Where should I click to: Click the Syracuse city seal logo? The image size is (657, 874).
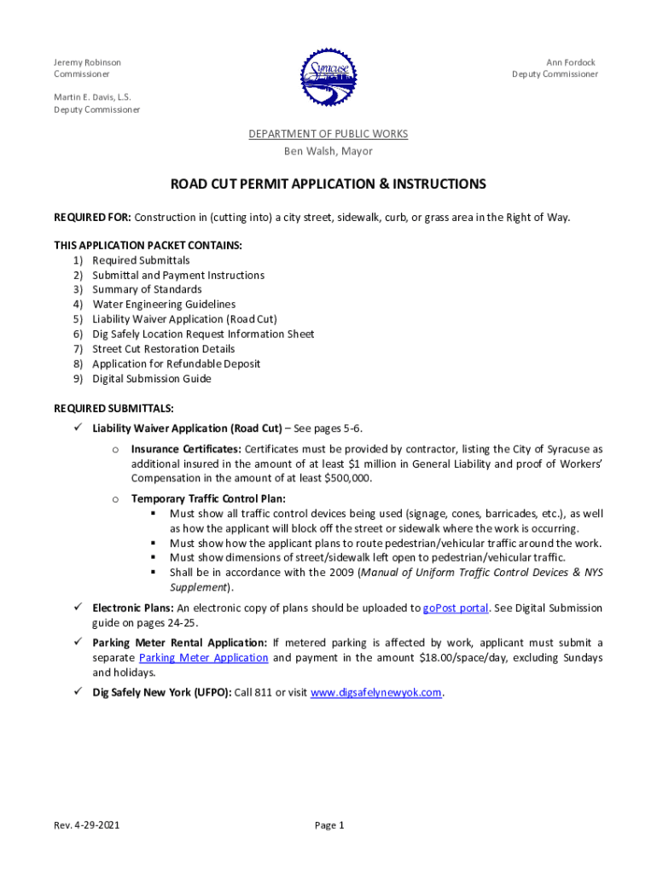[328, 73]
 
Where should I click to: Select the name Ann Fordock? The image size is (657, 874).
[571, 62]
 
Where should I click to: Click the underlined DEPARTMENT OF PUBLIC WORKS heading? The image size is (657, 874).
[328, 134]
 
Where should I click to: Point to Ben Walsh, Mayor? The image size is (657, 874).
[328, 151]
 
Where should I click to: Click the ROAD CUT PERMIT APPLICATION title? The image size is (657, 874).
[328, 184]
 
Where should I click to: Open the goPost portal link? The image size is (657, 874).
[456, 609]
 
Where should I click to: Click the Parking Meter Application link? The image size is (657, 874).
[203, 658]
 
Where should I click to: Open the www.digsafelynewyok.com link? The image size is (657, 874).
[376, 693]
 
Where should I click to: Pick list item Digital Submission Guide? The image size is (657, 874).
[152, 378]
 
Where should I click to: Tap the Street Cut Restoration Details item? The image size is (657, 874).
[164, 348]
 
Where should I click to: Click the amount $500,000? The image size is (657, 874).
[346, 478]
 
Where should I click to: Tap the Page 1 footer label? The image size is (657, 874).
[328, 825]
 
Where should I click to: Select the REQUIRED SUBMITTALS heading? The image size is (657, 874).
[113, 408]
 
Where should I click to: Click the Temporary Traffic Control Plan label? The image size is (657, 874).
[208, 498]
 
